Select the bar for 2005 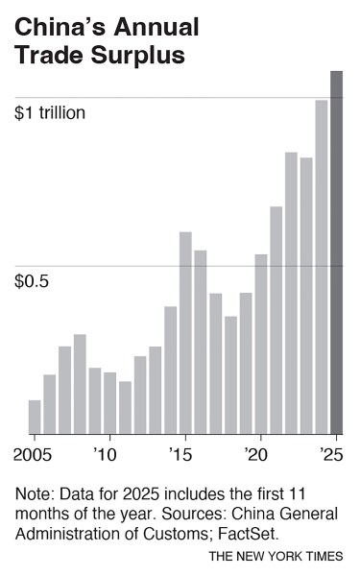35,417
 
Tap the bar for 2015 185,332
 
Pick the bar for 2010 109,402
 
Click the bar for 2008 80,384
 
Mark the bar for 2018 230,374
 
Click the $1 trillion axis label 50,112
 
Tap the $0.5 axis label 32,281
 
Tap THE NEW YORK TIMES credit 276,556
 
